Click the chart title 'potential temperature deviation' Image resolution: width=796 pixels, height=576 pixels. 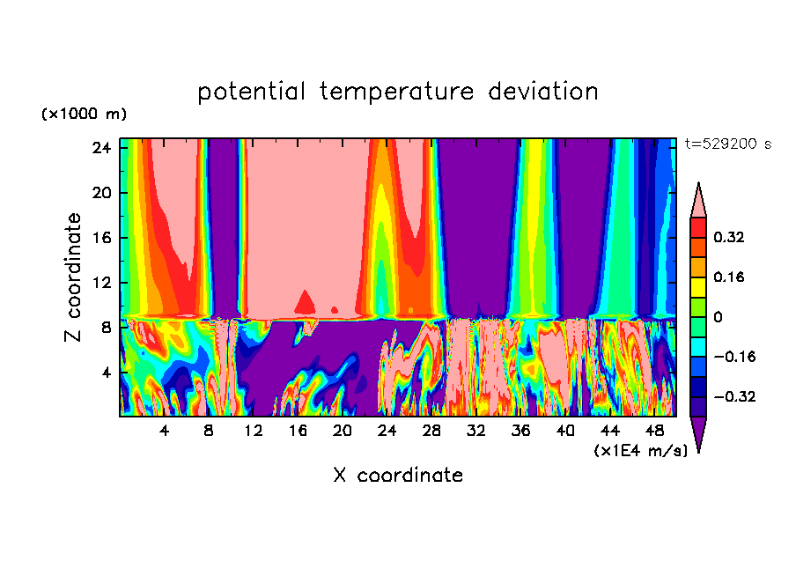point(397,92)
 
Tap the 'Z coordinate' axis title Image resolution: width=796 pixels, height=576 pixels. point(74,277)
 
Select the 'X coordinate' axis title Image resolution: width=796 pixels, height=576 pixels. point(398,476)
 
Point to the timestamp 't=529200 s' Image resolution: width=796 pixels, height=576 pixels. point(727,144)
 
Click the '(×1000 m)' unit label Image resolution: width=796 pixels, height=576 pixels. point(84,114)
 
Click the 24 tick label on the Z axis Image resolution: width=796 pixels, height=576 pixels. point(99,147)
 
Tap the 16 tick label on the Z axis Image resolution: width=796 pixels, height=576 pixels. point(99,238)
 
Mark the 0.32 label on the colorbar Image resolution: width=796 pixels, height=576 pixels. point(729,237)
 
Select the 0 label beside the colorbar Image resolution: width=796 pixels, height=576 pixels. point(718,317)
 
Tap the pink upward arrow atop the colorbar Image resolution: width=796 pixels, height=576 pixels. point(698,200)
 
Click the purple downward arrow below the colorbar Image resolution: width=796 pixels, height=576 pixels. point(698,433)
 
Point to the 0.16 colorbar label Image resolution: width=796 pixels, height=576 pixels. point(729,277)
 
